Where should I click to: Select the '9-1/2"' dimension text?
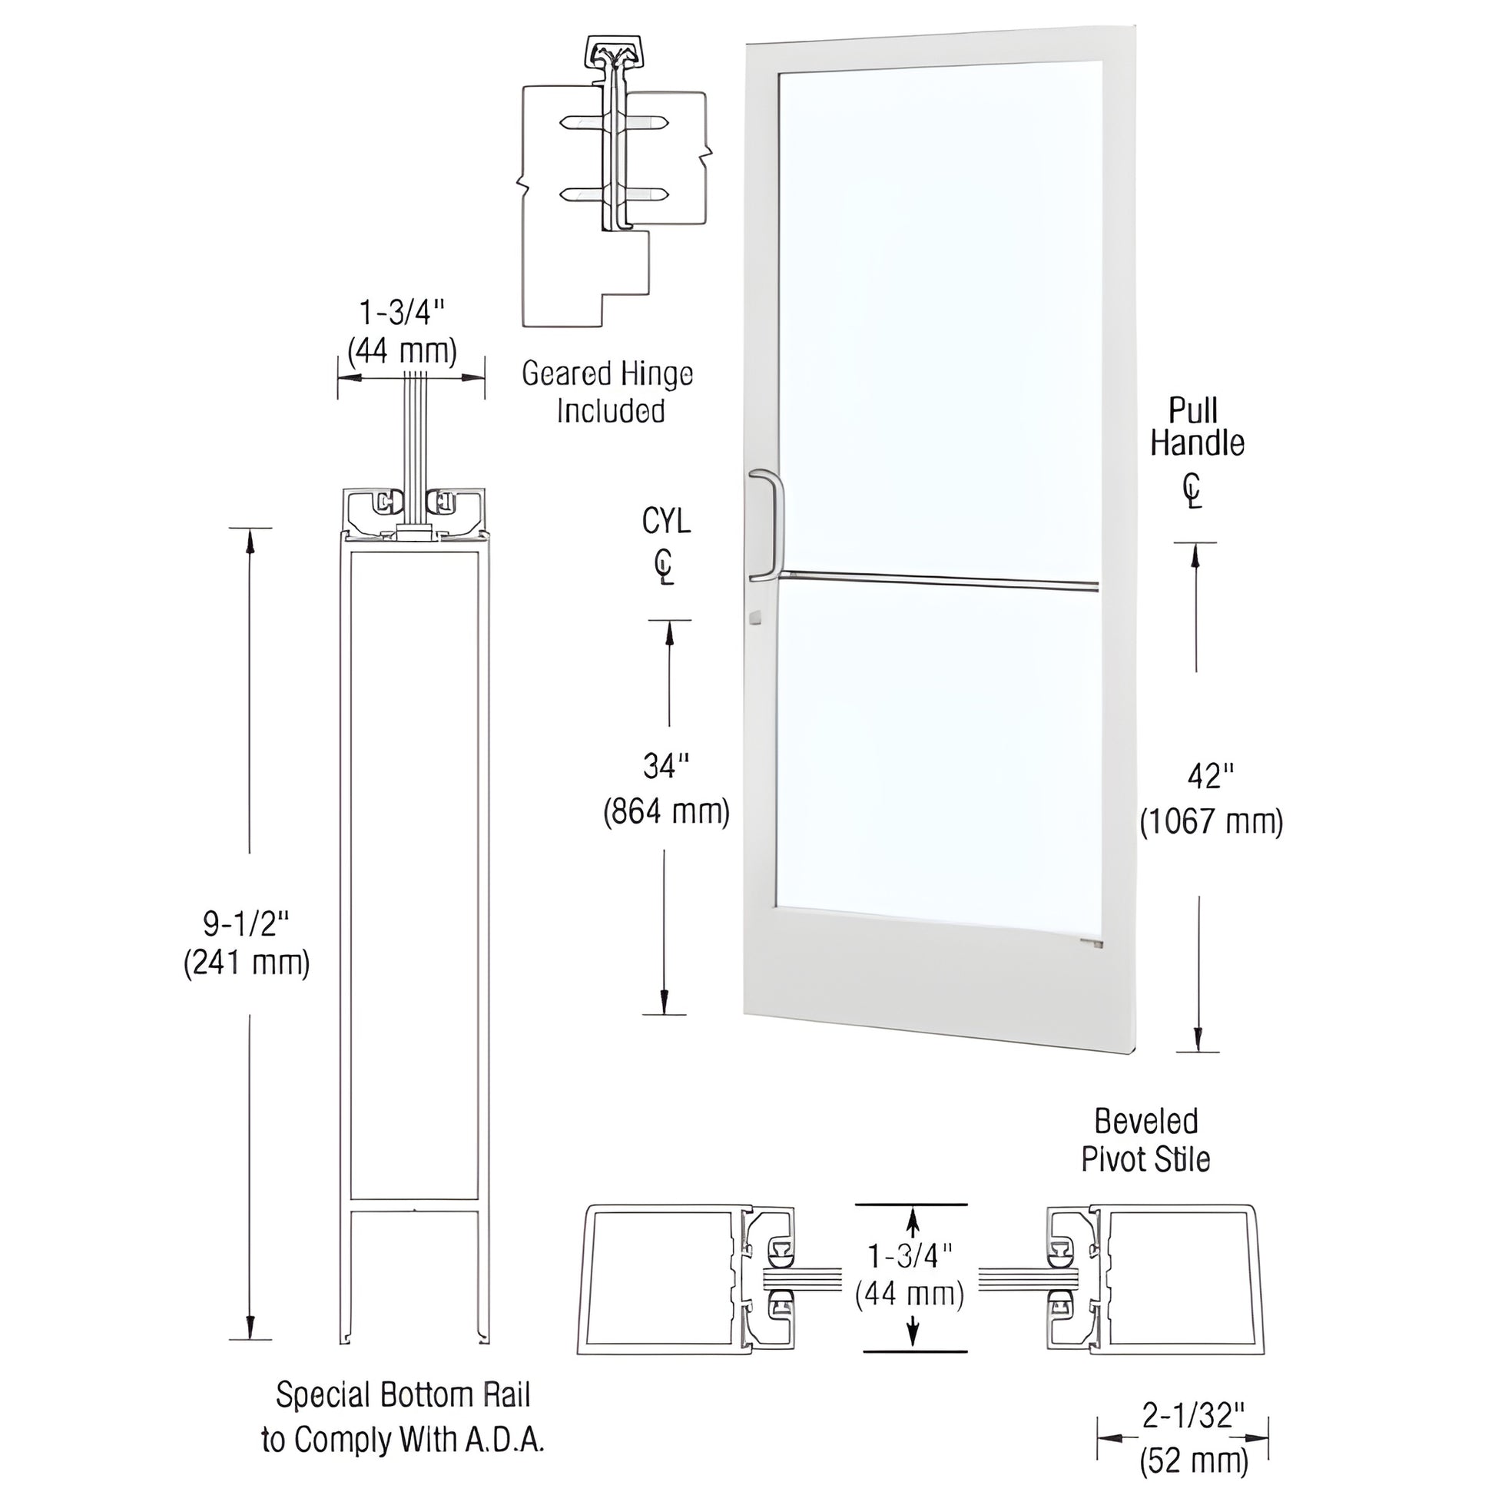pyautogui.click(x=246, y=923)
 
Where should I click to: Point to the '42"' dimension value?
pyautogui.click(x=1209, y=776)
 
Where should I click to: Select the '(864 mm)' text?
pyautogui.click(x=666, y=812)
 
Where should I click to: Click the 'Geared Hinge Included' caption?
pyautogui.click(x=608, y=393)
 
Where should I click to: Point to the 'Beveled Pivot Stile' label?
pyautogui.click(x=1146, y=1141)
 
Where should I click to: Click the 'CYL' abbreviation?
pyautogui.click(x=665, y=522)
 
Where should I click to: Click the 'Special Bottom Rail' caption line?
pyautogui.click(x=403, y=1394)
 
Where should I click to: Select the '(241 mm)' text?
pyautogui.click(x=246, y=964)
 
